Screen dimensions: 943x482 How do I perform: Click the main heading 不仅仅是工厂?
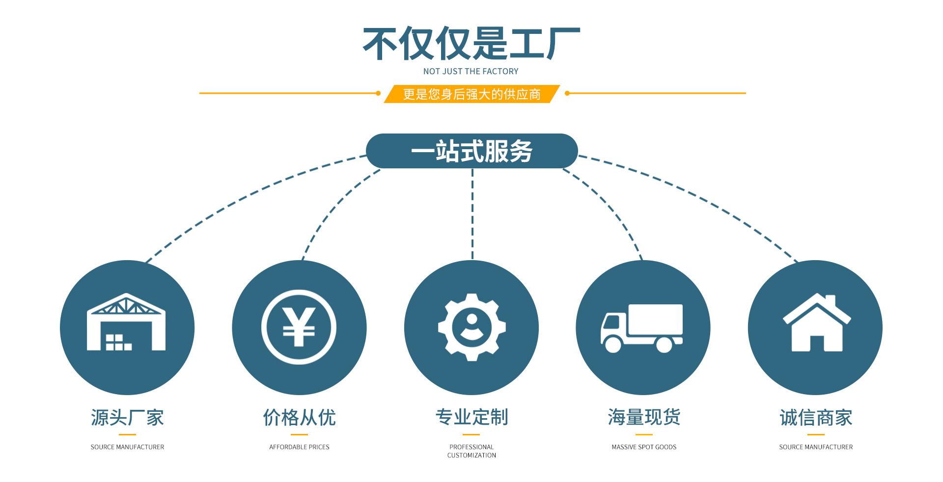471,44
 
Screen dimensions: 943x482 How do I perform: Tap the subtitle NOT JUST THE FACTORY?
471,72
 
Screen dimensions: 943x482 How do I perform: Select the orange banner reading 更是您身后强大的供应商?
471,94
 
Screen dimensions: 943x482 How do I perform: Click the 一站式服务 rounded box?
471,151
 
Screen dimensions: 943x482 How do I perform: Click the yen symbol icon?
299,327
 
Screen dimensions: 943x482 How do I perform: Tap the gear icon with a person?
471,327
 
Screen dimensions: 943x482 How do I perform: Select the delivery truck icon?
642,327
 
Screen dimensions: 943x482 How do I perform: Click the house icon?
816,324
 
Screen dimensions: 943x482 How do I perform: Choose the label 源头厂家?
127,418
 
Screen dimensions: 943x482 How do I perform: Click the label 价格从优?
299,418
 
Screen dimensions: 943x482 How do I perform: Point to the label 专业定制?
471,417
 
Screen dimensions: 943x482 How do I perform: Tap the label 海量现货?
644,417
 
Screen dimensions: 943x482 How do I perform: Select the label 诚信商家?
816,418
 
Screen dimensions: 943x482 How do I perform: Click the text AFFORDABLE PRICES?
299,447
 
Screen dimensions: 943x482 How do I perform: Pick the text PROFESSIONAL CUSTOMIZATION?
471,451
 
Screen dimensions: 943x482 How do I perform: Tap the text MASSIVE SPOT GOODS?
644,447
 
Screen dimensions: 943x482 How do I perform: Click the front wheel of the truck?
613,344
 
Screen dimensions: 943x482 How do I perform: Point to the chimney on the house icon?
830,300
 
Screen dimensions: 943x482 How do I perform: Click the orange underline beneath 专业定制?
471,434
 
